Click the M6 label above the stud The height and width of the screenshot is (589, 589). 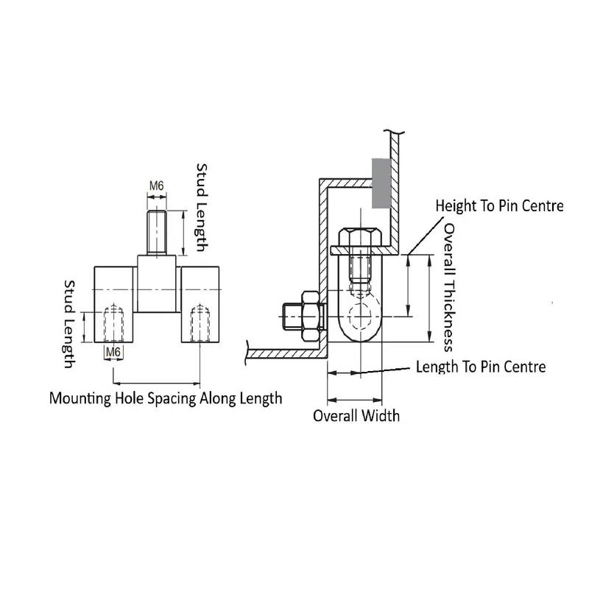click(x=156, y=186)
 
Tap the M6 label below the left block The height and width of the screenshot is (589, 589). click(x=113, y=352)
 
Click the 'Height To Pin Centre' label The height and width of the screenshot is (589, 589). click(x=499, y=205)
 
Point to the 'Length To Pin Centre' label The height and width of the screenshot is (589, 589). click(x=481, y=366)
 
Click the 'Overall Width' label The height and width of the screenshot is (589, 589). click(x=356, y=415)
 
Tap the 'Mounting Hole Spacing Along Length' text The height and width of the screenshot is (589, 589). click(x=166, y=398)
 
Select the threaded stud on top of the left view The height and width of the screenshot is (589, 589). click(x=156, y=232)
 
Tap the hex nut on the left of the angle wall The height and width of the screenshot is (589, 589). click(x=309, y=316)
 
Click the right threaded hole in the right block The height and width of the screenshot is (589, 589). click(x=200, y=324)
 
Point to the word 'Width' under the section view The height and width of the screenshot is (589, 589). click(x=380, y=415)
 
